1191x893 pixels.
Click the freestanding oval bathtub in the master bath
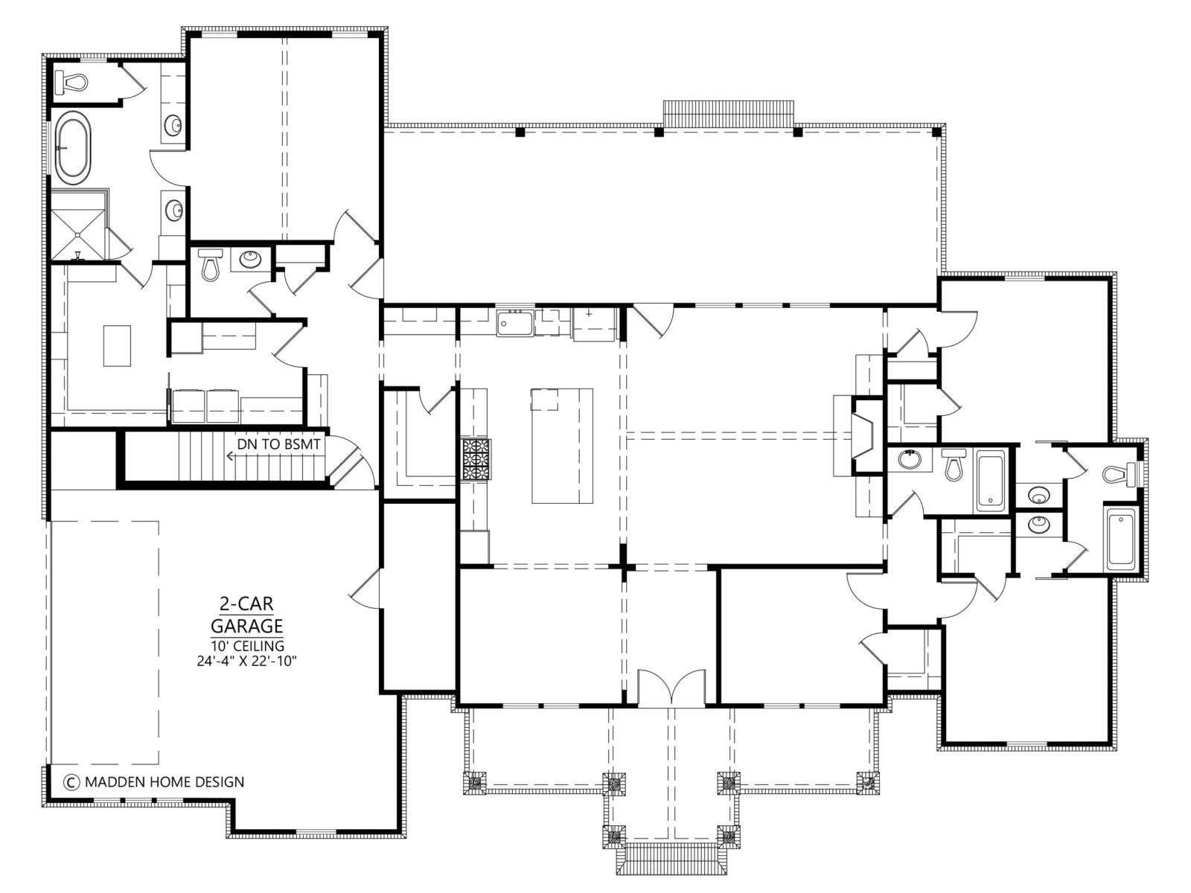pos(74,147)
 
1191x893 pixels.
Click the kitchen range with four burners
pos(476,458)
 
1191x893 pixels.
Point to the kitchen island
pos(561,445)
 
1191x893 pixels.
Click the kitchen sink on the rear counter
pos(515,323)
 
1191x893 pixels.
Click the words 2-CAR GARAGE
pos(247,615)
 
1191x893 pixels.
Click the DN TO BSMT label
pos(279,444)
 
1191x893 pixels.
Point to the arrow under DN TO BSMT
pos(274,456)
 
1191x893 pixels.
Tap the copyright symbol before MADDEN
pos(70,782)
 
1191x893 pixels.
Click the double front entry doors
pos(671,688)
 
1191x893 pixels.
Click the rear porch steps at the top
pos(729,113)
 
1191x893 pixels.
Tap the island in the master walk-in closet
pos(117,345)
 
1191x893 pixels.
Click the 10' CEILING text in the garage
pos(247,646)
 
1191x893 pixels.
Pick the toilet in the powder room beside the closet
pos(210,263)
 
